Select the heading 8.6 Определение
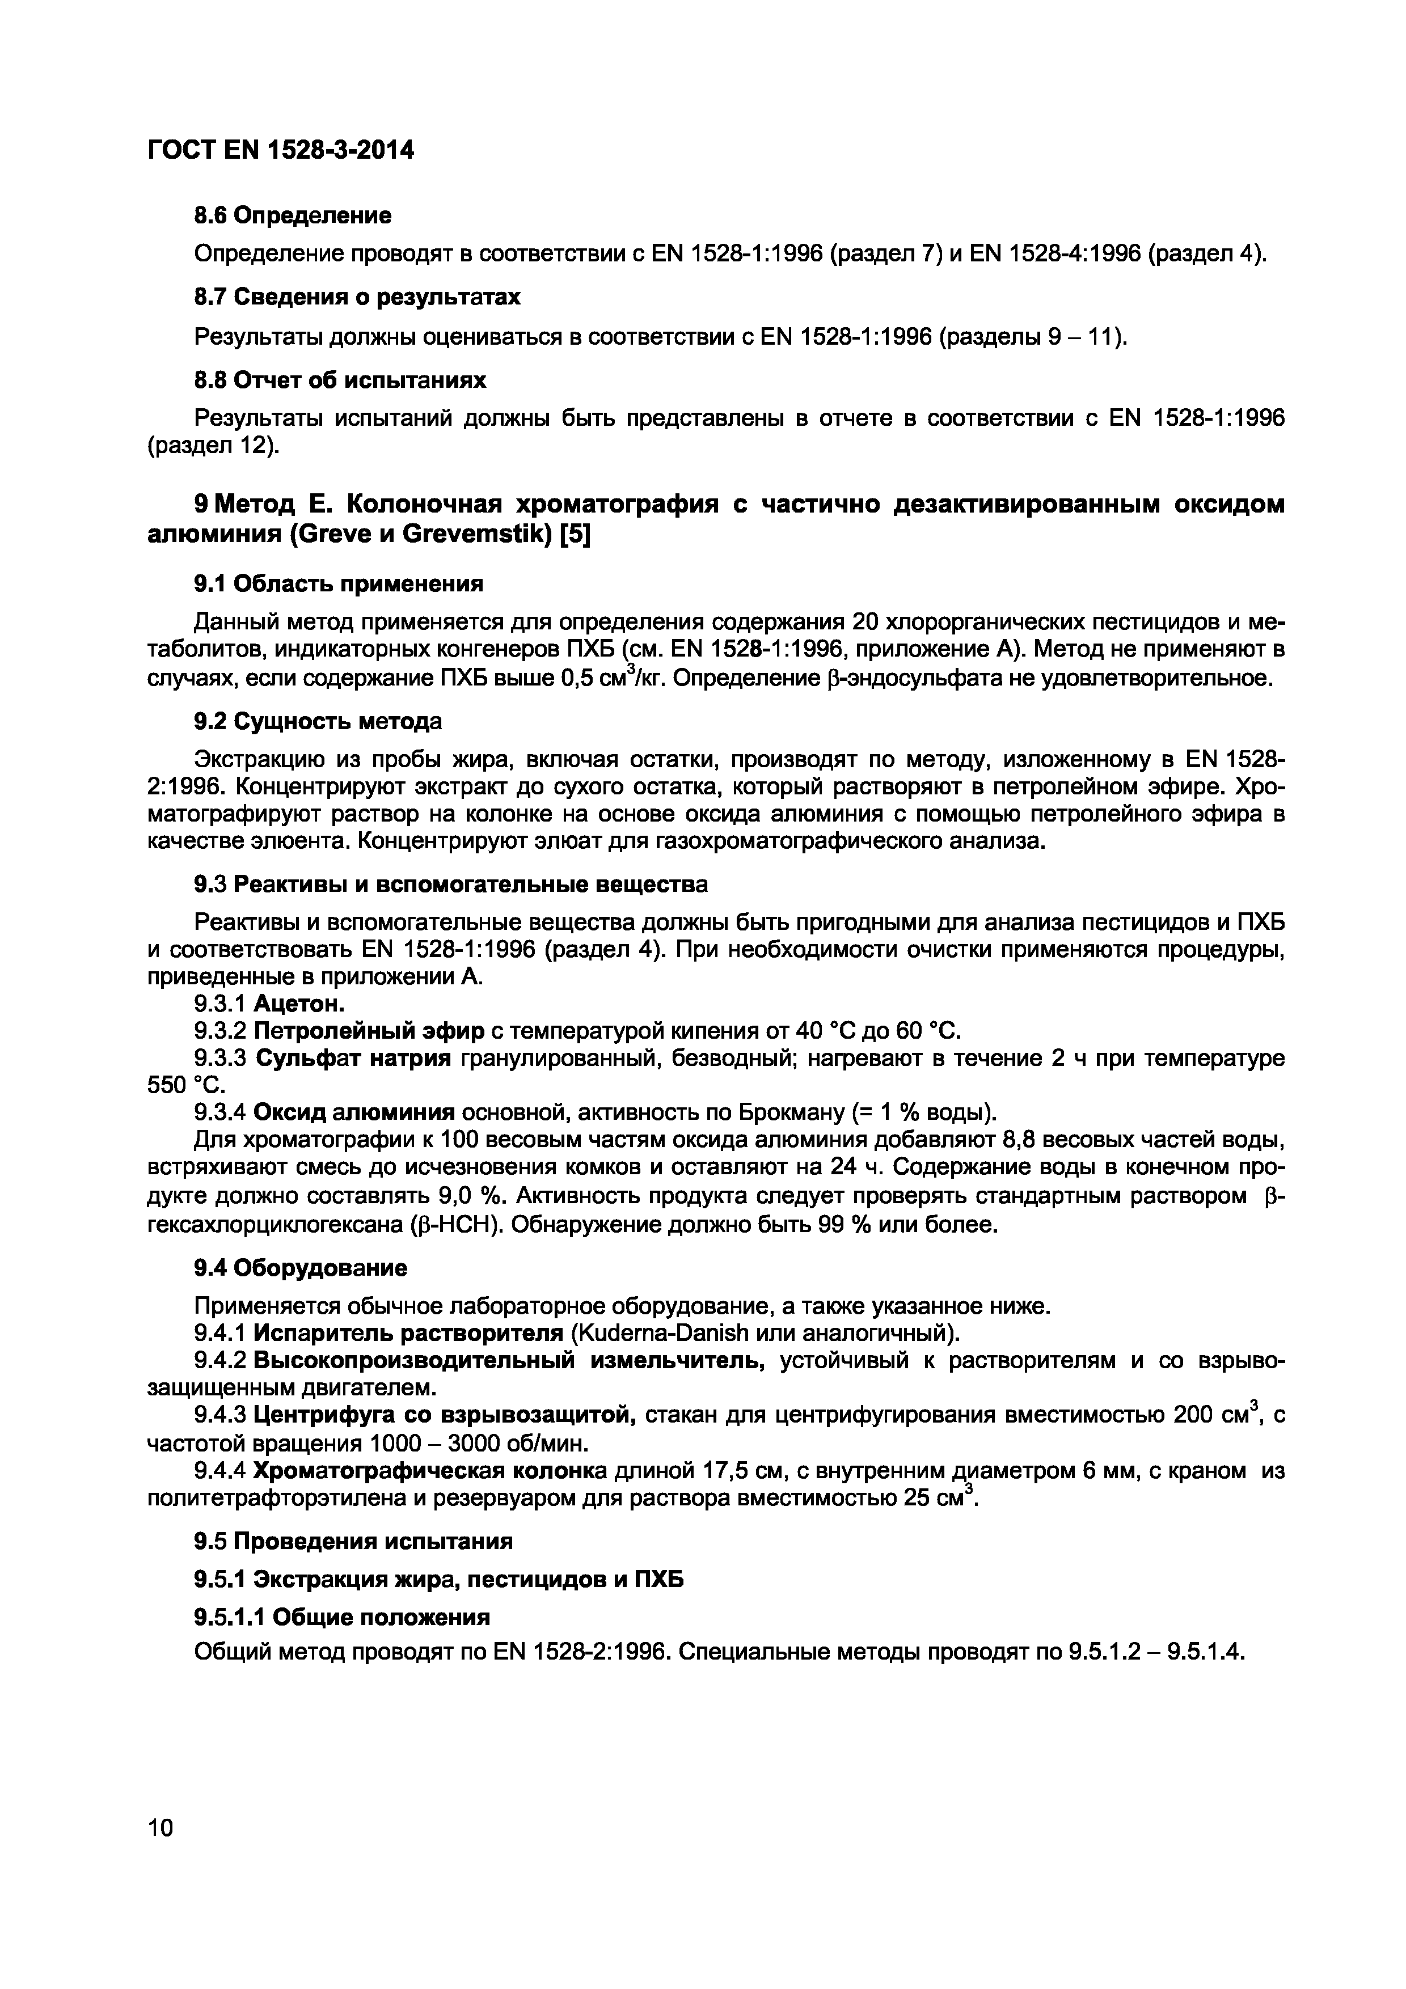[x=292, y=215]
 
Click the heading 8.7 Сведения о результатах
[x=357, y=297]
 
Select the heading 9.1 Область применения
[x=338, y=584]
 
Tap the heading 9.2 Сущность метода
[x=317, y=721]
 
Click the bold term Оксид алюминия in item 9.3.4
[x=355, y=1111]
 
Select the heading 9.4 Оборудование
[x=299, y=1268]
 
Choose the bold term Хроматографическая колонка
[x=430, y=1471]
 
